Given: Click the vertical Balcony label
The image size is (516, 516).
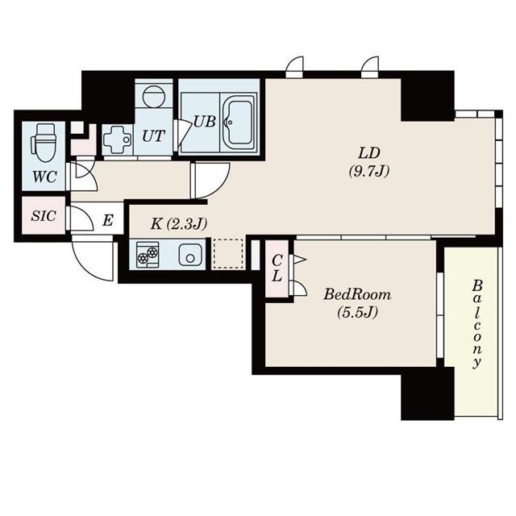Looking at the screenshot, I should click(477, 322).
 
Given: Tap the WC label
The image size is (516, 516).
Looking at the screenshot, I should click(44, 176).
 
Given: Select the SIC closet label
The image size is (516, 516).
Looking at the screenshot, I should click(42, 216).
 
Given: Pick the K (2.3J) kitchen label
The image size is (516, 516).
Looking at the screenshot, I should click(178, 223).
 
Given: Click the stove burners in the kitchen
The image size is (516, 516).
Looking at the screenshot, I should click(148, 255).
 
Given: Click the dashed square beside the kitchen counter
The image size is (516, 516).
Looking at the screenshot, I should click(227, 254).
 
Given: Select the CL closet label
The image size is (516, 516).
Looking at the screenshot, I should click(277, 268).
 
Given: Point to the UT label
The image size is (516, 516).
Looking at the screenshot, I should click(153, 137).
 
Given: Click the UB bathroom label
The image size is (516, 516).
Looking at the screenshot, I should click(203, 123).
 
